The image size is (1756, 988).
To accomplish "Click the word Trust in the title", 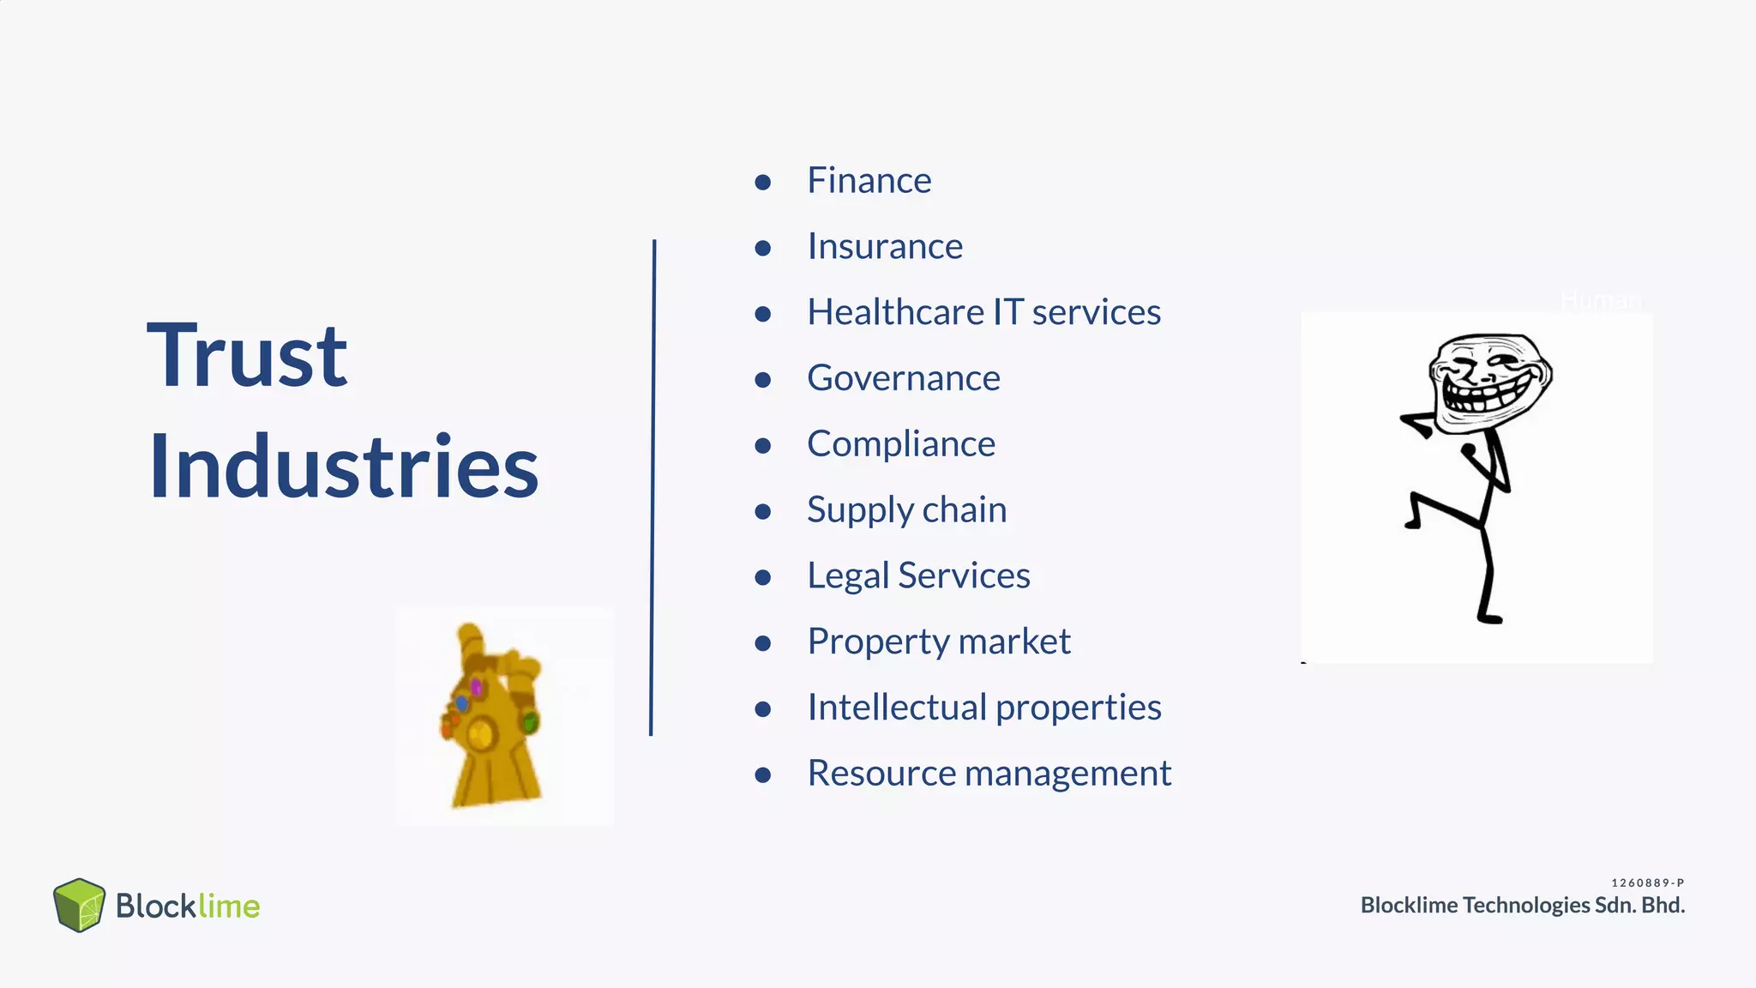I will coord(247,355).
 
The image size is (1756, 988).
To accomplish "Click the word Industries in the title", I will coord(343,467).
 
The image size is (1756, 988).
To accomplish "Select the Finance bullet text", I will coord(869,180).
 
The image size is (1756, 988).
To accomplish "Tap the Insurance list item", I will coord(885,246).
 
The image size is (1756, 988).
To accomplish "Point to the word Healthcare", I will coord(895,312).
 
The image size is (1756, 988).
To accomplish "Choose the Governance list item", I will coord(904,378).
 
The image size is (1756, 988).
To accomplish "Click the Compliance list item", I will coord(901,444).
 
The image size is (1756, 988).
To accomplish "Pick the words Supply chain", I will coord(906,509).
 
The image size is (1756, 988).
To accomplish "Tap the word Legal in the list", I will coord(848,575).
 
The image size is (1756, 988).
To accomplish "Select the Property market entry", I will coord(939,642).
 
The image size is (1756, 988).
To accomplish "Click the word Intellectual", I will coord(897,708).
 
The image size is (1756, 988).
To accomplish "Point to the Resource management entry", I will coord(989,774).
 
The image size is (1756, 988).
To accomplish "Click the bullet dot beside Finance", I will coord(763,182).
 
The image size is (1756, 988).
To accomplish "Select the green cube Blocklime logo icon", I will coord(79,905).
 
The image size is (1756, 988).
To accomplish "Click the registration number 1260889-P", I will coord(1647,883).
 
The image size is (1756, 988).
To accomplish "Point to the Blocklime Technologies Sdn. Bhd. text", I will coord(1522,906).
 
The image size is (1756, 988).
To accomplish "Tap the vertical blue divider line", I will coord(652,487).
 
